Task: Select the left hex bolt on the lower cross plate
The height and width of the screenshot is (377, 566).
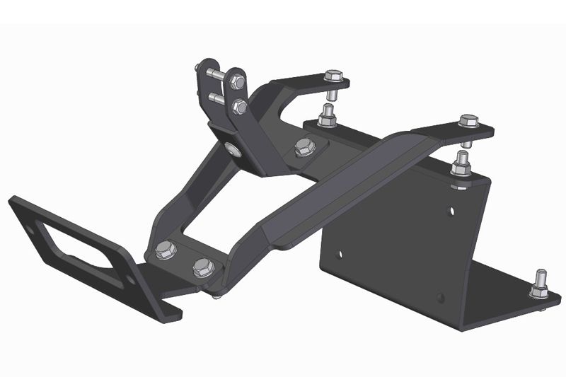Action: tap(165, 248)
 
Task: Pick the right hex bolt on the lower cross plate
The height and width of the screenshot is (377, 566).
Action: tap(202, 267)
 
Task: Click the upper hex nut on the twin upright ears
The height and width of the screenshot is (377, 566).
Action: tap(238, 83)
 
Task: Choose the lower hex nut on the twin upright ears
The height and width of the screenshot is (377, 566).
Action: tap(240, 108)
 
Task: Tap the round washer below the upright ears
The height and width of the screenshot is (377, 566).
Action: tap(232, 149)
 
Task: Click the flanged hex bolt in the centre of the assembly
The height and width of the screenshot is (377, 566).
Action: tap(304, 147)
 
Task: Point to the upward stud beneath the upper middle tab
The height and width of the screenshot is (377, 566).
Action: tap(326, 115)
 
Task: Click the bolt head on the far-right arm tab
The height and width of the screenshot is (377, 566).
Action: tap(468, 121)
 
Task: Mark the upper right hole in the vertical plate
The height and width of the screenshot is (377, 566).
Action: tap(454, 210)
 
